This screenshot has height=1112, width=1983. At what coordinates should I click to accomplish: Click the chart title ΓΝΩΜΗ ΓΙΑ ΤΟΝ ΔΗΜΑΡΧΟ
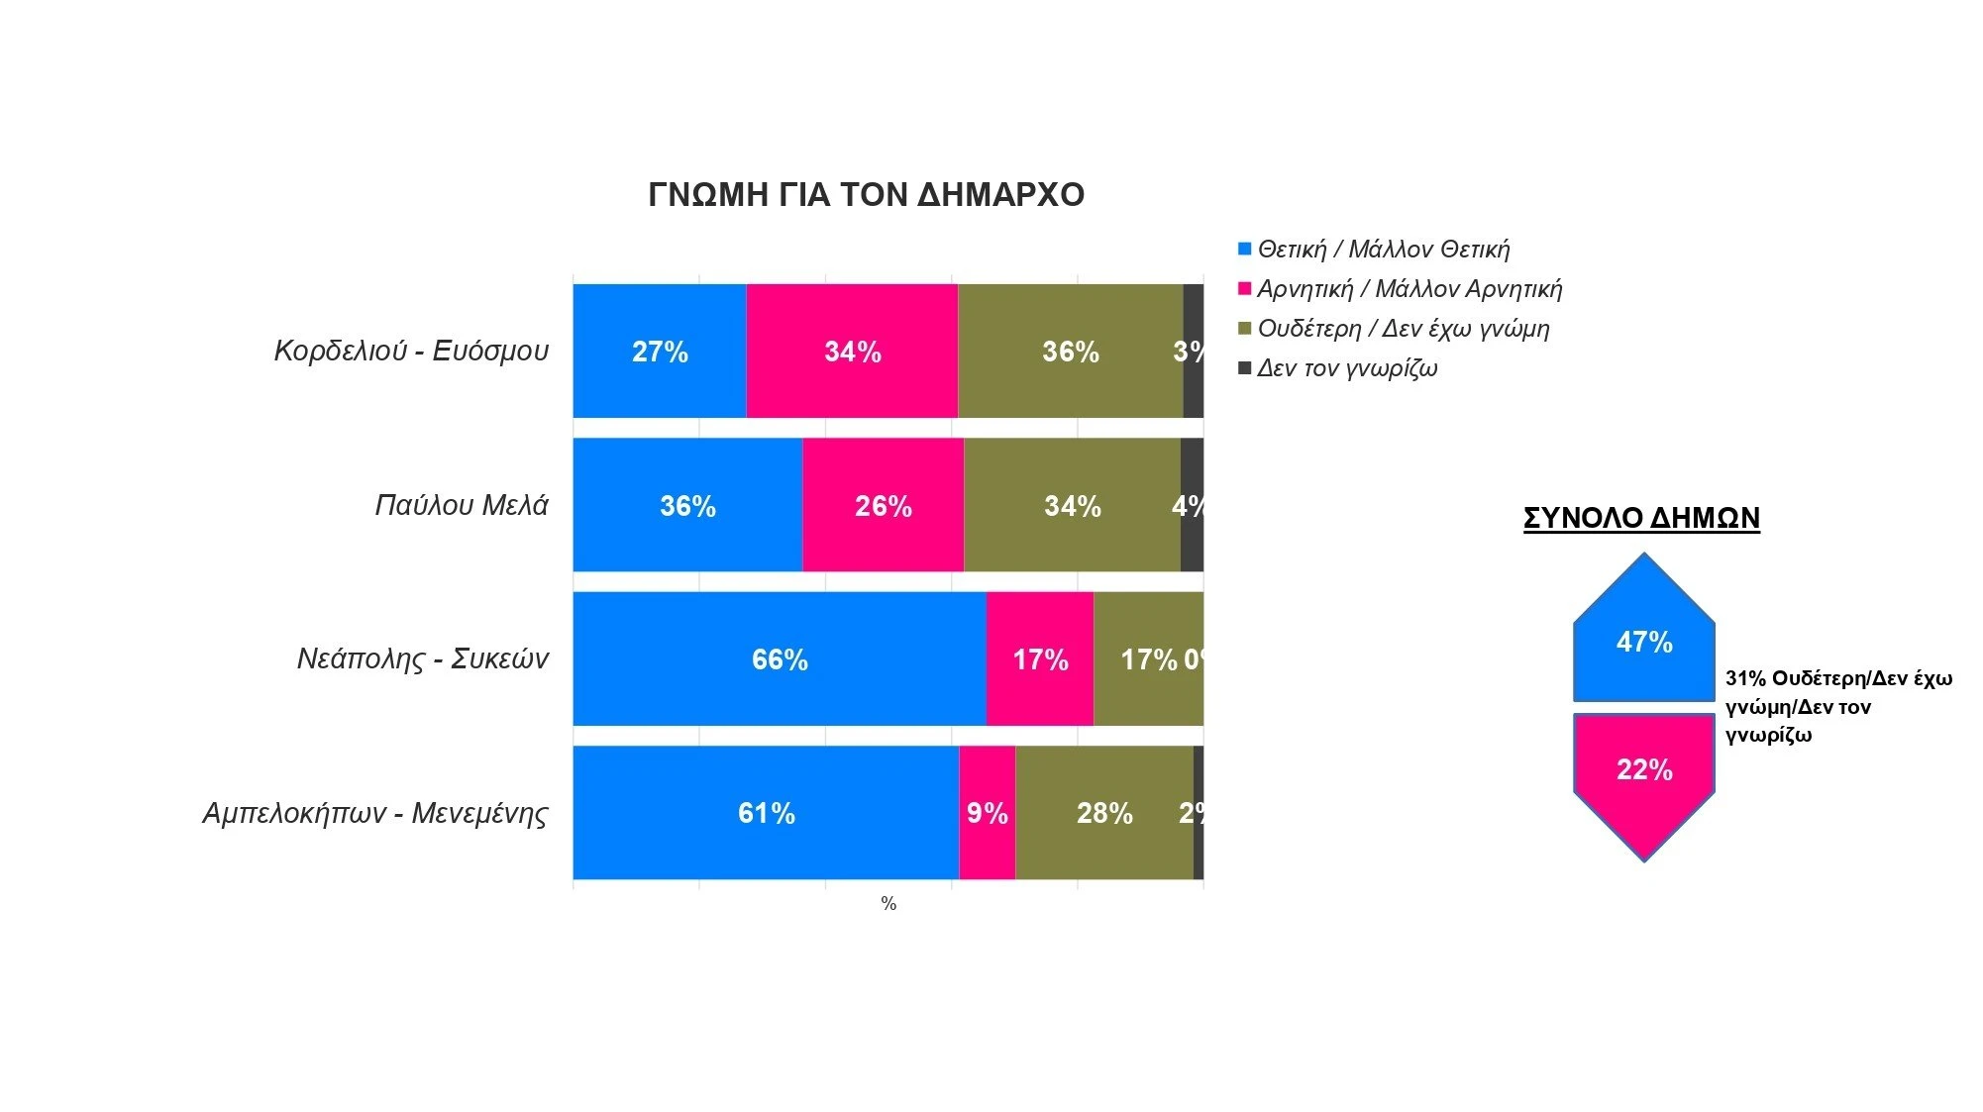[866, 194]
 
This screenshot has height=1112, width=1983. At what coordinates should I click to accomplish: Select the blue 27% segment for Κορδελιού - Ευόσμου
[660, 351]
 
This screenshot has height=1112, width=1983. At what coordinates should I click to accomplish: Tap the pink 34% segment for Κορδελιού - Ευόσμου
[852, 351]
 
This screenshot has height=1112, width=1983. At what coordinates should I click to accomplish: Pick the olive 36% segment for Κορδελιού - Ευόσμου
[1070, 351]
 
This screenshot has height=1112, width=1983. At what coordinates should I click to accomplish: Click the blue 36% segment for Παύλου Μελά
[687, 505]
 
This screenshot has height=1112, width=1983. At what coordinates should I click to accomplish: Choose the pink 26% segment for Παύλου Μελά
[883, 505]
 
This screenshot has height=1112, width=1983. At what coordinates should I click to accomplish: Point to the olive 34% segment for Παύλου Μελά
[1072, 505]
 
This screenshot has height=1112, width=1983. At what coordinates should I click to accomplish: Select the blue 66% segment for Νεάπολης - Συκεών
[780, 658]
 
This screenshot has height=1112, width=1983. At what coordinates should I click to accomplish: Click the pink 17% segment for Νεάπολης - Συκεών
[1040, 658]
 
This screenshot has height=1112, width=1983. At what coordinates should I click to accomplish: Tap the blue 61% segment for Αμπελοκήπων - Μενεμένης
[766, 813]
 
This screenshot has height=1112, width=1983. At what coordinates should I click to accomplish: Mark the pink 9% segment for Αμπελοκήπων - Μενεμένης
[987, 813]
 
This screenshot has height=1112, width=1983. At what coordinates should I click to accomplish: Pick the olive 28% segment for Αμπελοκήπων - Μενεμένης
[1104, 813]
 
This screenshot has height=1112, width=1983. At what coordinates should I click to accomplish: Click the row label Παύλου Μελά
[461, 505]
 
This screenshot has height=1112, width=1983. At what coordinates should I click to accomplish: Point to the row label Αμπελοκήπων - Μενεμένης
[374, 813]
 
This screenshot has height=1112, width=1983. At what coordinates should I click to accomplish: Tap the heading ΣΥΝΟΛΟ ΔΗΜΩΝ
[1641, 518]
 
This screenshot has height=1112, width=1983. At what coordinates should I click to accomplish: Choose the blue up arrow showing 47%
[1644, 641]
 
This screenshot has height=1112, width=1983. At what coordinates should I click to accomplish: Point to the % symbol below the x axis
[888, 903]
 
